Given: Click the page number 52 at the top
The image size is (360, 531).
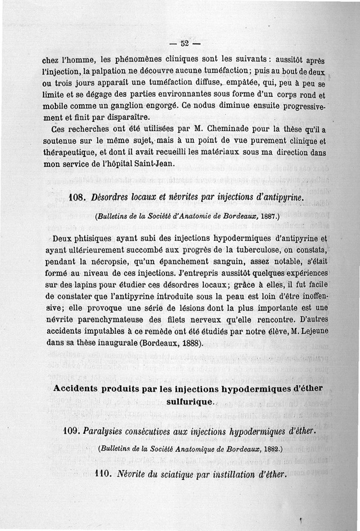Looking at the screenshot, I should coord(184,44).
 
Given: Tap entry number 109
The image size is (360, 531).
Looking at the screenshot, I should coord(72,431).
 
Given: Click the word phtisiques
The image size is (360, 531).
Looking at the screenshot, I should coord(96,238).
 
